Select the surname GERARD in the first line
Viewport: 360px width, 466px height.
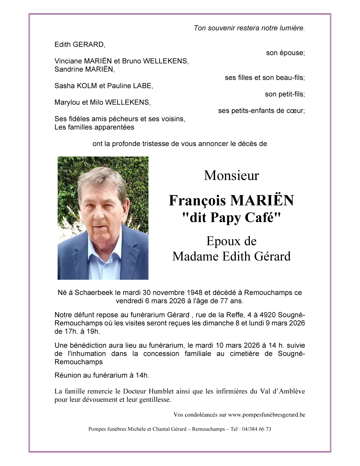pos(88,44)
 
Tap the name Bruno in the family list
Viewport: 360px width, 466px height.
pos(132,61)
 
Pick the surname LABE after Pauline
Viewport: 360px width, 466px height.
pos(143,86)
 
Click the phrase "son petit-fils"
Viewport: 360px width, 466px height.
pos(284,94)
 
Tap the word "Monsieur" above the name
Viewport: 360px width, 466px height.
pos(231,175)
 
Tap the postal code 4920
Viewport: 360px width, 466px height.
pos(267,315)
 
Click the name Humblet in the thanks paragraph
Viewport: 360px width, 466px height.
pos(160,391)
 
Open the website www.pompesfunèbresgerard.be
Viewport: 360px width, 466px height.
pos(266,415)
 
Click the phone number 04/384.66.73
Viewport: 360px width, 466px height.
pos(257,429)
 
